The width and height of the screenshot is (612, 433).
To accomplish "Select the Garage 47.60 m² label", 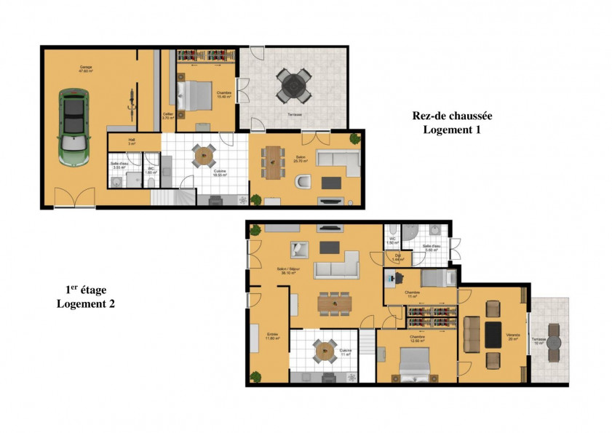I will tap(86, 70).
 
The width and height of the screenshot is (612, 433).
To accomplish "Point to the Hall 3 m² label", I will tap(132, 141).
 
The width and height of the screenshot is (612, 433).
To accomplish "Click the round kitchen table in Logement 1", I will tap(204, 154).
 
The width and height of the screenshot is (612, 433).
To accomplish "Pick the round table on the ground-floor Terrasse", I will tap(294, 85).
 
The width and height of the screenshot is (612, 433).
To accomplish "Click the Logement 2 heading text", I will tap(85, 304).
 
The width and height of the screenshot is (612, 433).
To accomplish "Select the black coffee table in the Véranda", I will tap(493, 335).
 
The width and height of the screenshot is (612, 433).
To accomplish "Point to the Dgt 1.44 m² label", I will tap(398, 257).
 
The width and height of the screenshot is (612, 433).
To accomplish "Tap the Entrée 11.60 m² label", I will tap(272, 336).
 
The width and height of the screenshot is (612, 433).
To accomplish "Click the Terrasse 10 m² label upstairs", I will tap(539, 341).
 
